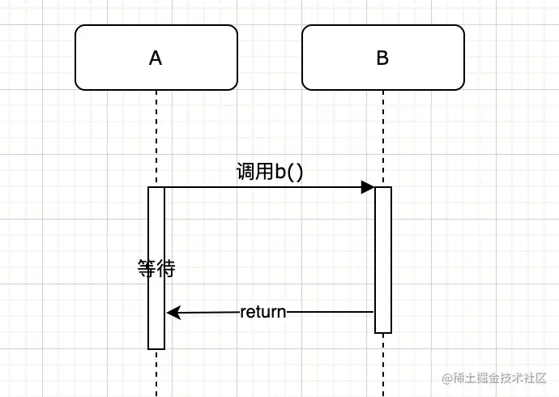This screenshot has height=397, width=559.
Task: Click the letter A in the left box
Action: [156, 58]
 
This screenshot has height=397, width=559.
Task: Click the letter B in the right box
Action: [382, 58]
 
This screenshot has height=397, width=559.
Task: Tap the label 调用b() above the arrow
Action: [269, 173]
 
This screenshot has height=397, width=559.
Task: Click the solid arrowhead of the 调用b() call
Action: [368, 187]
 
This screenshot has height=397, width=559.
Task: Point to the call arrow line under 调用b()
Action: [259, 187]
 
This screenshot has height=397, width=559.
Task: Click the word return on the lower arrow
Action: [263, 312]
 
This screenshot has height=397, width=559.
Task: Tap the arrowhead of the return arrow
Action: [173, 312]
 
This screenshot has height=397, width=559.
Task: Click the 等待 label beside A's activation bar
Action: [156, 269]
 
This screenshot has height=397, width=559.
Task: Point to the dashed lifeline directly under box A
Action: [156, 138]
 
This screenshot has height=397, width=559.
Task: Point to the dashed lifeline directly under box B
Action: [383, 138]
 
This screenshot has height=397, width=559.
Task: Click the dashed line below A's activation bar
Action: [156, 373]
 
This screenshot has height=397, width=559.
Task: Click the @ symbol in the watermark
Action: [445, 378]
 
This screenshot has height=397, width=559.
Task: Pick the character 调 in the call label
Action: [244, 173]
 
